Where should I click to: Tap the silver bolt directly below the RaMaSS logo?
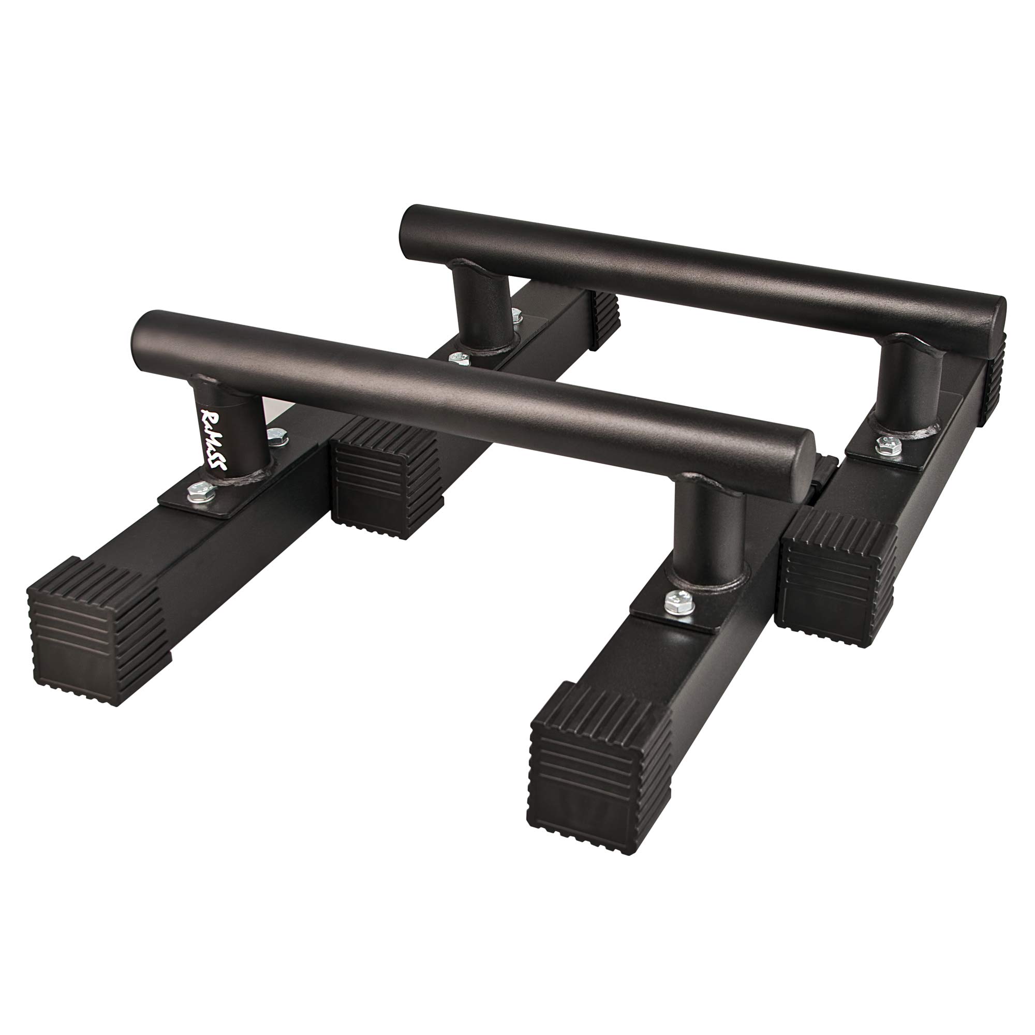pos(201,491)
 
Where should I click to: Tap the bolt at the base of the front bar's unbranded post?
pos(676,602)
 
